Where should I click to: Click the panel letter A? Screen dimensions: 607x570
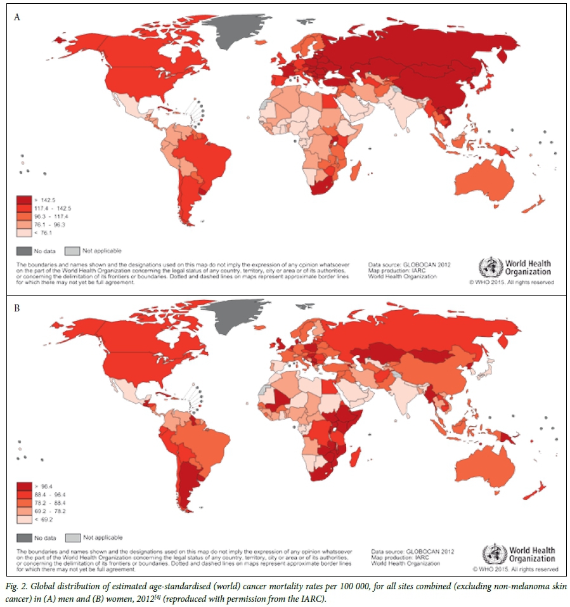click(x=17, y=17)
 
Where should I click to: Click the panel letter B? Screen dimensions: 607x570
click(x=17, y=309)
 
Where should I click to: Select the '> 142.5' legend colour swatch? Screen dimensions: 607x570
click(x=24, y=199)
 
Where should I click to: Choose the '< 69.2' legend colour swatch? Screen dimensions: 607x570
click(x=24, y=519)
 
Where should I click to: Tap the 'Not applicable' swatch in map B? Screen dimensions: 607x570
click(x=73, y=537)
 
